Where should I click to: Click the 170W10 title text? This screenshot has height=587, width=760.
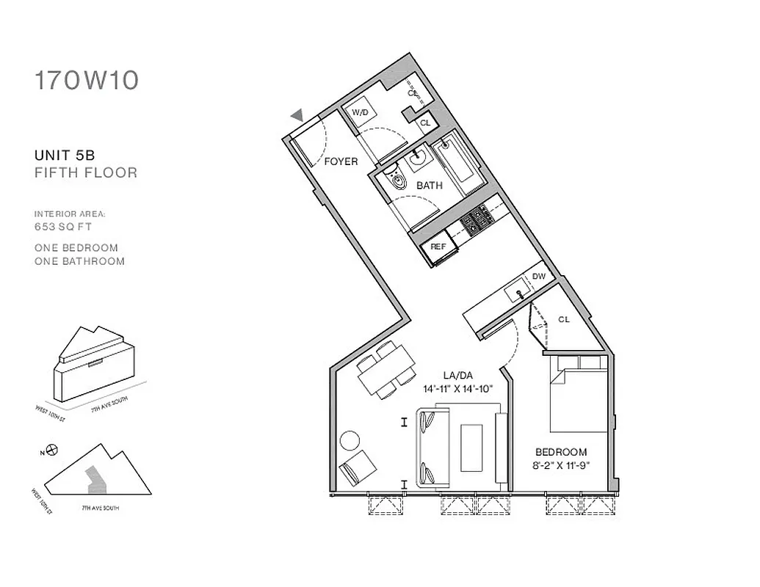86,80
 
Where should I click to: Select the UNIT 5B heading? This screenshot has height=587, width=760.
65,156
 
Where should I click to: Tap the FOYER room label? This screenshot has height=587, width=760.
341,161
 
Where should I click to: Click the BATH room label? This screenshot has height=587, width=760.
429,186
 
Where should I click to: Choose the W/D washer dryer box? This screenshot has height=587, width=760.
360,113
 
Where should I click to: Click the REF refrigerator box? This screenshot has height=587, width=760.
438,247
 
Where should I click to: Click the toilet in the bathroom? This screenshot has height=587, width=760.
397,179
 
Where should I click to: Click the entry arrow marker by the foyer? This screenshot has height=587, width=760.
297,114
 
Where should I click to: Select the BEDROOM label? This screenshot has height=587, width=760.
560,452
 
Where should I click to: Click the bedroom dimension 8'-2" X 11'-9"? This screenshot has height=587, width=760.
560,464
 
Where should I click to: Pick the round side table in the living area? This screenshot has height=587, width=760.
350,440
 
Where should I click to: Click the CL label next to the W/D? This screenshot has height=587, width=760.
424,123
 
